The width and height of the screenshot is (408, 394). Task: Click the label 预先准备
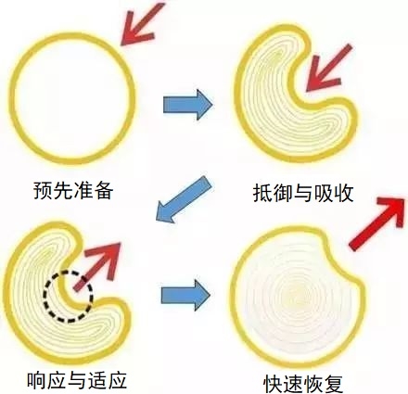tap(73, 190)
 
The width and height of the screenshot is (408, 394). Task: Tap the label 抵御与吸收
tap(303, 193)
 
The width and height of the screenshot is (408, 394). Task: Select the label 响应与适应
tap(77, 380)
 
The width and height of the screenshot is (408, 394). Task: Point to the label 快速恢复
tap(303, 384)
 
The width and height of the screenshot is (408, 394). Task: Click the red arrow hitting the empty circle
tap(141, 25)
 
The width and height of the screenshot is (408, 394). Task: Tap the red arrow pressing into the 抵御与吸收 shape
tap(327, 69)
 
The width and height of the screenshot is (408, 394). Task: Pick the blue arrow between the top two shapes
tap(187, 105)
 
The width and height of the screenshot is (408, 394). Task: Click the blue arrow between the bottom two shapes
tap(185, 295)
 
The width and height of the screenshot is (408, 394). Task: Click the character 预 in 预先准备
tap(44, 190)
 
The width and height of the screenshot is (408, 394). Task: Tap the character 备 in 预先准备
tap(104, 190)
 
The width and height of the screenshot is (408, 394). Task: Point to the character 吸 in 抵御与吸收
tap(324, 193)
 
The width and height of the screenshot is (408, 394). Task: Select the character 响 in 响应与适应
tap(36, 380)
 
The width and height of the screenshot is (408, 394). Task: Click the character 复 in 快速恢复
tap(334, 384)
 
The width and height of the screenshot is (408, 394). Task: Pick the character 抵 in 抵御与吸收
tap(262, 193)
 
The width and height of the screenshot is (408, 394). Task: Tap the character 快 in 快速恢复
tap(274, 384)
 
